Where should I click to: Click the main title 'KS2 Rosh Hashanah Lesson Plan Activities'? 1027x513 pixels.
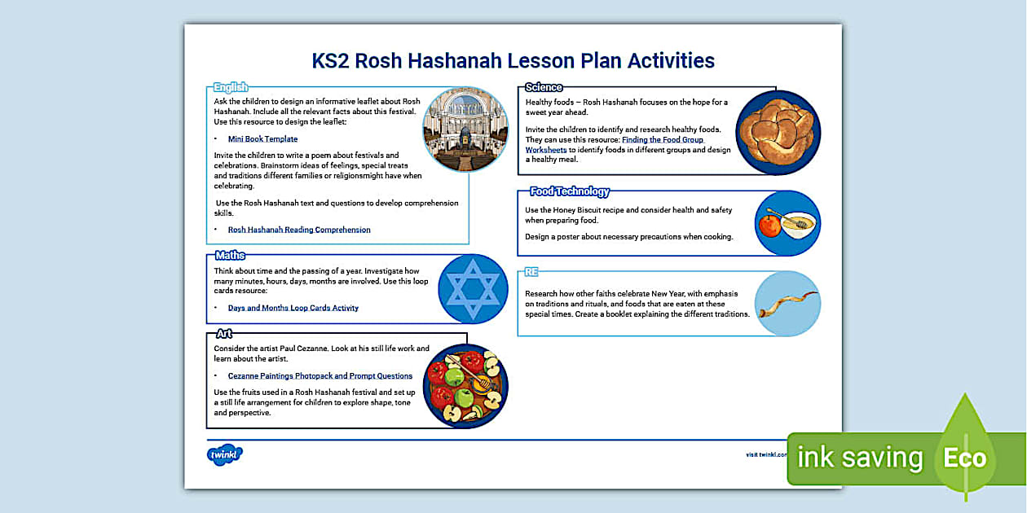(513, 61)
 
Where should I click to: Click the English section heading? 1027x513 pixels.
(231, 87)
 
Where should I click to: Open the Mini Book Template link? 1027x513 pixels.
(262, 139)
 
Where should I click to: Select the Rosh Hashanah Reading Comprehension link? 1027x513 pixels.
(299, 230)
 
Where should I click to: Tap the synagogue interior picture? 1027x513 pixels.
(465, 129)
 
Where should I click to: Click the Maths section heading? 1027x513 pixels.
(231, 256)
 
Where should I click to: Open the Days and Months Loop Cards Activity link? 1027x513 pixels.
(293, 308)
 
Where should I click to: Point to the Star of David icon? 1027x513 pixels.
(468, 291)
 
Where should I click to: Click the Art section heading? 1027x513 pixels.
(224, 334)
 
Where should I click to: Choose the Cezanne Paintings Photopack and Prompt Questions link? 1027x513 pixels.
(320, 376)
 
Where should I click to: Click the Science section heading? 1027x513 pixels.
(544, 87)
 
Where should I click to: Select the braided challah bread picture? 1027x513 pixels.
(778, 132)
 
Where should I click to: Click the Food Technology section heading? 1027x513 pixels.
(569, 192)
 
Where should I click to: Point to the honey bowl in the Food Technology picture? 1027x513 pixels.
(798, 224)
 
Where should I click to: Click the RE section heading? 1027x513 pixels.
(531, 272)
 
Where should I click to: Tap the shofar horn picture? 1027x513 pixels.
(787, 304)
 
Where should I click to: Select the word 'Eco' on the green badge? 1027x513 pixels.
(965, 457)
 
